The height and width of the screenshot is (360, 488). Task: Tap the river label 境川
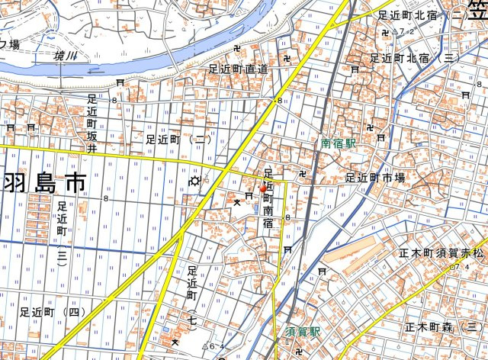pos(66,56)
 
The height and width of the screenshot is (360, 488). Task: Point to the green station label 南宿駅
pos(339,142)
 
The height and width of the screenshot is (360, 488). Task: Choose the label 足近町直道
pos(239,69)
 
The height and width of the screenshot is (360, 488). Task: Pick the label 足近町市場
pos(375,177)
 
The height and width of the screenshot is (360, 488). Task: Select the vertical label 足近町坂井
pos(92,122)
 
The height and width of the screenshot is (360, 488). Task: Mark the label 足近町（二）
pos(178,139)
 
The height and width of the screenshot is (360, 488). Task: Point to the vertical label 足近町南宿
pos(268,198)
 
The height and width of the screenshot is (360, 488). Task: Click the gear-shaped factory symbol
pos(195,181)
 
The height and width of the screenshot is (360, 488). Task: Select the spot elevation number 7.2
pos(406,31)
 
